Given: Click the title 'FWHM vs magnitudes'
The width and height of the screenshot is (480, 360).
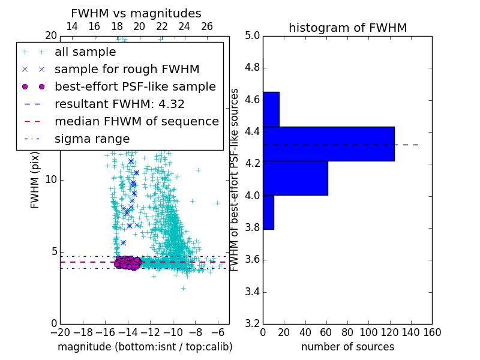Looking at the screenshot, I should pyautogui.click(x=136, y=13).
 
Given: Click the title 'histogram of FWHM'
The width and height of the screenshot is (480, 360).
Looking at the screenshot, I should pyautogui.click(x=347, y=28).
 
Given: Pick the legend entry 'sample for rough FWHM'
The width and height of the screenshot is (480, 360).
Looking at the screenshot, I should pyautogui.click(x=127, y=69).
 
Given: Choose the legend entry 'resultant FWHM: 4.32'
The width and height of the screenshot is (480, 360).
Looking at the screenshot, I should pyautogui.click(x=119, y=104).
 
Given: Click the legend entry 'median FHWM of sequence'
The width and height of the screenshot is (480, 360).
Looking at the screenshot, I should pyautogui.click(x=136, y=121).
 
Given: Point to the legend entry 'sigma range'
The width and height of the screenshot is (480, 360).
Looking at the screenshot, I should pyautogui.click(x=92, y=139).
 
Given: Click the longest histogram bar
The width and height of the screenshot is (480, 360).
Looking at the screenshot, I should pyautogui.click(x=328, y=143).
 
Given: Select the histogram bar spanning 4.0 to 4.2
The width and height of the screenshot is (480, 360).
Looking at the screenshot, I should pyautogui.click(x=295, y=178).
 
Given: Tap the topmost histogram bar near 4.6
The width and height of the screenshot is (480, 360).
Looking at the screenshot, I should pyautogui.click(x=271, y=109).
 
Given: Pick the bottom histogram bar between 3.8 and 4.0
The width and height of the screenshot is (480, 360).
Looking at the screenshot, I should pyautogui.click(x=268, y=212).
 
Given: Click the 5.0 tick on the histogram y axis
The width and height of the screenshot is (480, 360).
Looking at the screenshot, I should pyautogui.click(x=251, y=36).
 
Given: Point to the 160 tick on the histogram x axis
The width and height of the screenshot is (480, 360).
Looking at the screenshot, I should pyautogui.click(x=432, y=331).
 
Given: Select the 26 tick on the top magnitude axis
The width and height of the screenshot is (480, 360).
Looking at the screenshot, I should pyautogui.click(x=207, y=26).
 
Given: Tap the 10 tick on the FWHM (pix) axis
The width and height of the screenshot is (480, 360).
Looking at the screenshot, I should pyautogui.click(x=50, y=180).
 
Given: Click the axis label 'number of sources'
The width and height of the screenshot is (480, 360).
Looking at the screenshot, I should pyautogui.click(x=347, y=347).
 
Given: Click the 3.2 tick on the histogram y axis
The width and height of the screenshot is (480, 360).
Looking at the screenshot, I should pyautogui.click(x=251, y=324).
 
